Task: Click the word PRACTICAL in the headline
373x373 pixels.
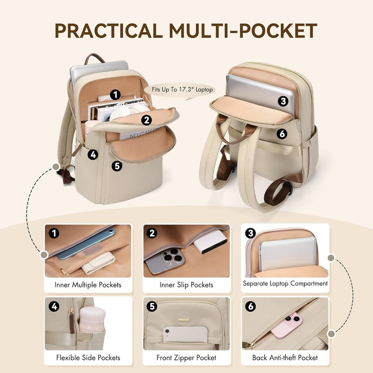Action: pos(109,31)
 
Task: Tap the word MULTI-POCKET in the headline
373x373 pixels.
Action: pos(243,31)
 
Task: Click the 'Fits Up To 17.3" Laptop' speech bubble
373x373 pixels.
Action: pos(182,90)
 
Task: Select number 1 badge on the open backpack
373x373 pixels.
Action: pos(116,95)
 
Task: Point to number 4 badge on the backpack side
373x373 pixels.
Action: pos(93,154)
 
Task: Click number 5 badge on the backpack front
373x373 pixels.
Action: pos(117,166)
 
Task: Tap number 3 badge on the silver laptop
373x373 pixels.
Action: pos(283,102)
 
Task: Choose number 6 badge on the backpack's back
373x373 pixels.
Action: pos(282,134)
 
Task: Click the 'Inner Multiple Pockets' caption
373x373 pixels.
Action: pos(88,285)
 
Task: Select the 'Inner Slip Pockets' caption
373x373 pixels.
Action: pos(187,285)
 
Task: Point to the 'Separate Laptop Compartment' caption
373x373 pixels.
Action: pos(285,283)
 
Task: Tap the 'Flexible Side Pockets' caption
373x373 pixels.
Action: pos(88,357)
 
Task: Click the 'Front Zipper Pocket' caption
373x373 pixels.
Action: pos(187,357)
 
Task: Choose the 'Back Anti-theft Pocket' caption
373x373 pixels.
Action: pos(285,357)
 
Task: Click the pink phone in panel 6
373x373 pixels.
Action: pos(286,326)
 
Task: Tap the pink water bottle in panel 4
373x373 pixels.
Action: pos(92,320)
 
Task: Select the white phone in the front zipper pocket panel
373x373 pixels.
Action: pos(185,334)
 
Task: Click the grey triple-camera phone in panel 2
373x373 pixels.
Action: pos(165,261)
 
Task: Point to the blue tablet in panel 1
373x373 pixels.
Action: pos(86,244)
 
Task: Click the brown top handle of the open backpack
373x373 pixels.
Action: pos(95,58)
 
